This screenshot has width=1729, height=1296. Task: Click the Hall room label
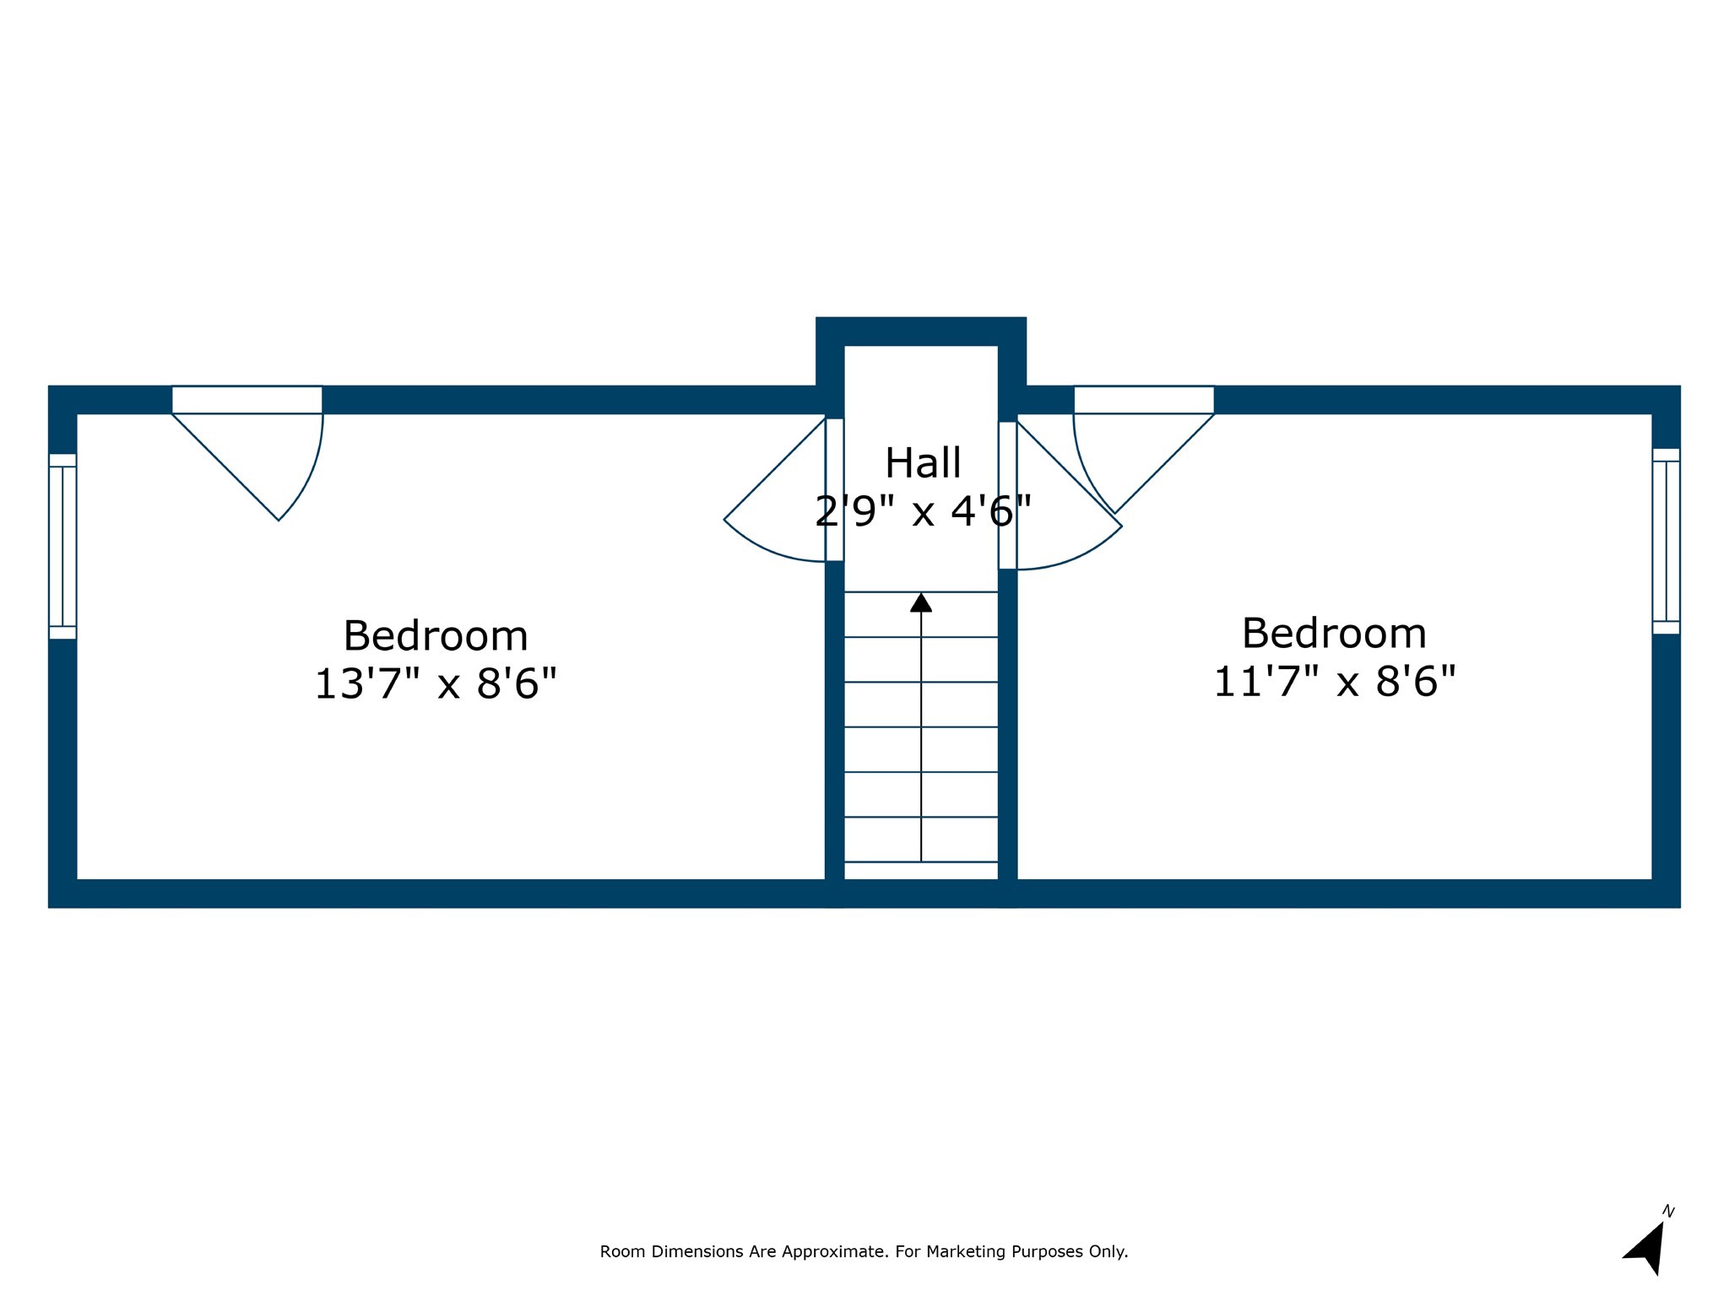(923, 463)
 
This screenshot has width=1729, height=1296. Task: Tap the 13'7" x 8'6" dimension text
(436, 683)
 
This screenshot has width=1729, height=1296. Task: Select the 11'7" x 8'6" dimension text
(1335, 681)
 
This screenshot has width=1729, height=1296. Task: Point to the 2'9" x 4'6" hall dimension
(923, 511)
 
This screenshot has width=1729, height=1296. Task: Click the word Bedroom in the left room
(436, 636)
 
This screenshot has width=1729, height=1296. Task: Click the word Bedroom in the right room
(1334, 634)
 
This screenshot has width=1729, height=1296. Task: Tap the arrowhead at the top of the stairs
(921, 602)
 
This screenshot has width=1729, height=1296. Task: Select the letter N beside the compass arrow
(1668, 1212)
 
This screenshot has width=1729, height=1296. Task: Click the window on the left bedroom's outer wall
(62, 546)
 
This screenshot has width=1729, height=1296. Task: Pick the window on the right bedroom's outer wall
(1666, 541)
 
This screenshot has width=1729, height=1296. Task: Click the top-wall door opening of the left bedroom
(247, 400)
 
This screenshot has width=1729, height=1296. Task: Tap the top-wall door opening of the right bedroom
(1143, 400)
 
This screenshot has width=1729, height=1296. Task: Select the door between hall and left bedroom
(834, 489)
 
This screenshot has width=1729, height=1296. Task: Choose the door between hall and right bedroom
(1007, 495)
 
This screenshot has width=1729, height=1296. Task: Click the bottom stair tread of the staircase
(921, 870)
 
